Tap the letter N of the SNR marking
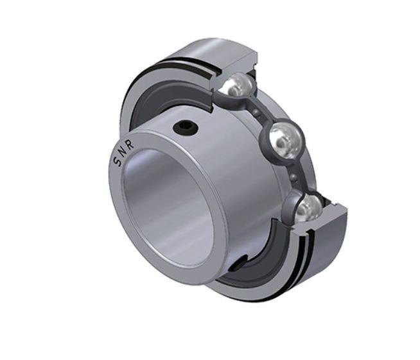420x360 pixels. tap(122, 153)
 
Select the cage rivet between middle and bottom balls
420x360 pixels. tap(294, 177)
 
